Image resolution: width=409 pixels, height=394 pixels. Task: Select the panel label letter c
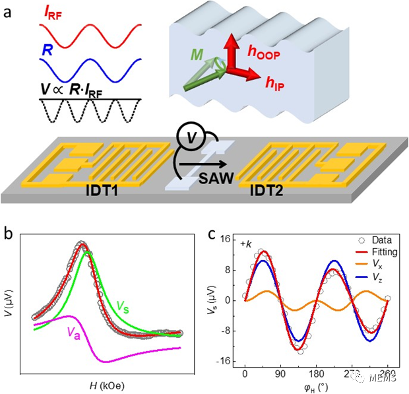(x=212, y=234)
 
